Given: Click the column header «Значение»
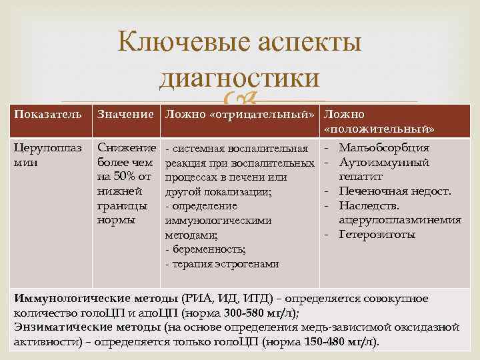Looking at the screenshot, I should pyautogui.click(x=127, y=114).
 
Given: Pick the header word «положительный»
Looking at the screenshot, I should pyautogui.click(x=380, y=128).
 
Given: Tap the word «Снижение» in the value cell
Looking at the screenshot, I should pyautogui.click(x=127, y=147).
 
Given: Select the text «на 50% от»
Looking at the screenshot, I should pyautogui.click(x=124, y=177).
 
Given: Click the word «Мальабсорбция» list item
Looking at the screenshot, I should pyautogui.click(x=384, y=147).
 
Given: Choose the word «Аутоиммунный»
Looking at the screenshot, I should pyautogui.click(x=384, y=162).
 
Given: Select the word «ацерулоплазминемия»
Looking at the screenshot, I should pyautogui.click(x=399, y=220).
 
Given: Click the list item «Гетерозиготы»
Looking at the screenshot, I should pyautogui.click(x=377, y=235).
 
